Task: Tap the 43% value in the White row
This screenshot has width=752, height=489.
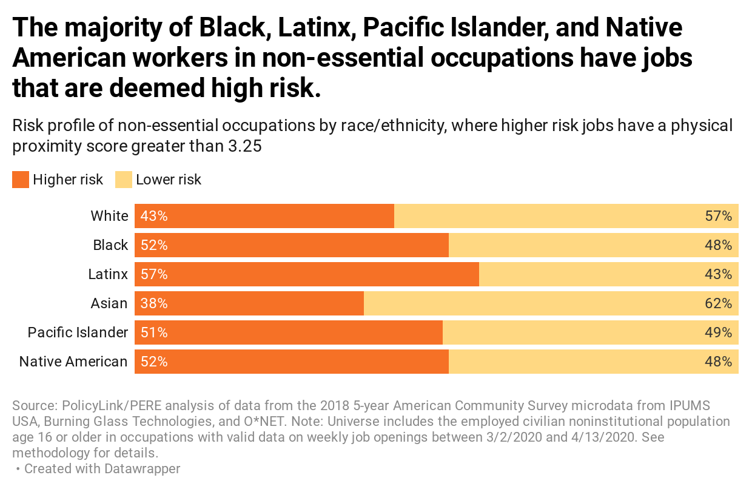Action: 154,216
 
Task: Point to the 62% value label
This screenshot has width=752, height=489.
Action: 719,303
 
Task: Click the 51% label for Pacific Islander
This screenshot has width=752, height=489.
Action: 154,332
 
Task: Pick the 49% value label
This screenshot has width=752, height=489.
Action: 719,332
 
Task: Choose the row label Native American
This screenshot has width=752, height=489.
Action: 73,362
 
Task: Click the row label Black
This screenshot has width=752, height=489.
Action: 110,245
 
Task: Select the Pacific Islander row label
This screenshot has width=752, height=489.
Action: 78,332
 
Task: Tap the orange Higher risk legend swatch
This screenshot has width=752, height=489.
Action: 21,180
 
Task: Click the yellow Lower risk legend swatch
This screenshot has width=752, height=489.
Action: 124,180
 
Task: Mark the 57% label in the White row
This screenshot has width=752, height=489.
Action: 719,216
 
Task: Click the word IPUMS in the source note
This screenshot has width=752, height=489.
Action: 689,405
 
